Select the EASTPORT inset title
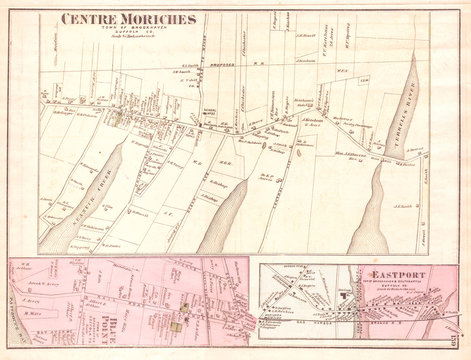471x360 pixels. coord(398,273)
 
